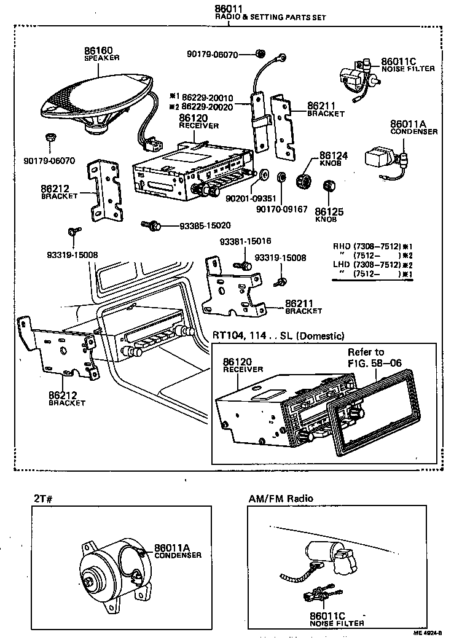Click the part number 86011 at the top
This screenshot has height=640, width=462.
[228, 8]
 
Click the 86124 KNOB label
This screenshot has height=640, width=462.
[334, 160]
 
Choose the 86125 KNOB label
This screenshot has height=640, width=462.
[329, 214]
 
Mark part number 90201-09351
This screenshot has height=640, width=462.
[249, 199]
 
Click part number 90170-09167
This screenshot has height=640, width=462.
[283, 209]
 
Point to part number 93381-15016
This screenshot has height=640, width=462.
[246, 241]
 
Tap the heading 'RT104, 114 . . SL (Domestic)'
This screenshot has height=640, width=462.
[278, 335]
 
